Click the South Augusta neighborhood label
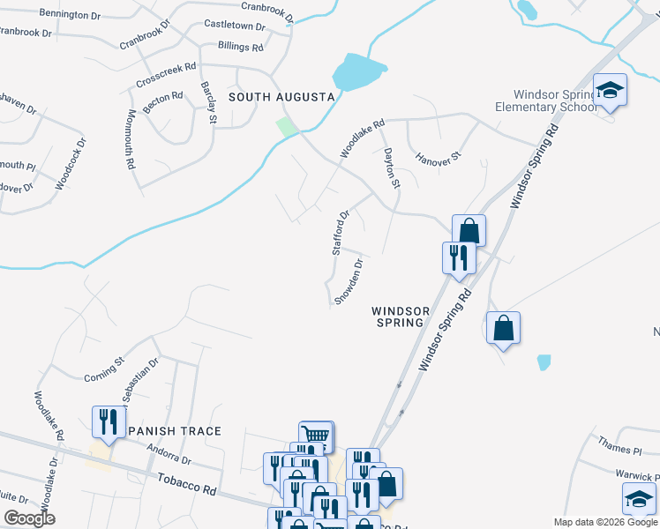[281, 96]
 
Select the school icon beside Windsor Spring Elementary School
[609, 90]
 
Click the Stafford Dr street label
[341, 233]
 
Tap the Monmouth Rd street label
[131, 138]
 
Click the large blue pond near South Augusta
[358, 72]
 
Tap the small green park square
[287, 127]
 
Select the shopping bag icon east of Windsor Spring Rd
[503, 328]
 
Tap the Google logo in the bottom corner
[29, 518]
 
